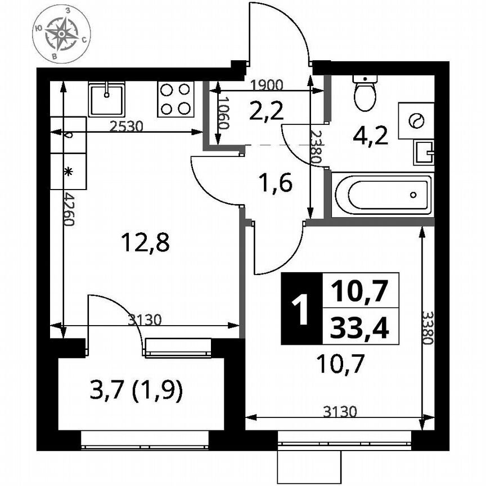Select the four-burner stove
click(x=175, y=99)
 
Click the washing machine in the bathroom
click(x=416, y=120)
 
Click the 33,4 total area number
click(x=359, y=327)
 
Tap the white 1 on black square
click(x=301, y=309)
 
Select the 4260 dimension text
click(x=68, y=209)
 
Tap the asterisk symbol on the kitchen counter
click(x=68, y=172)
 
